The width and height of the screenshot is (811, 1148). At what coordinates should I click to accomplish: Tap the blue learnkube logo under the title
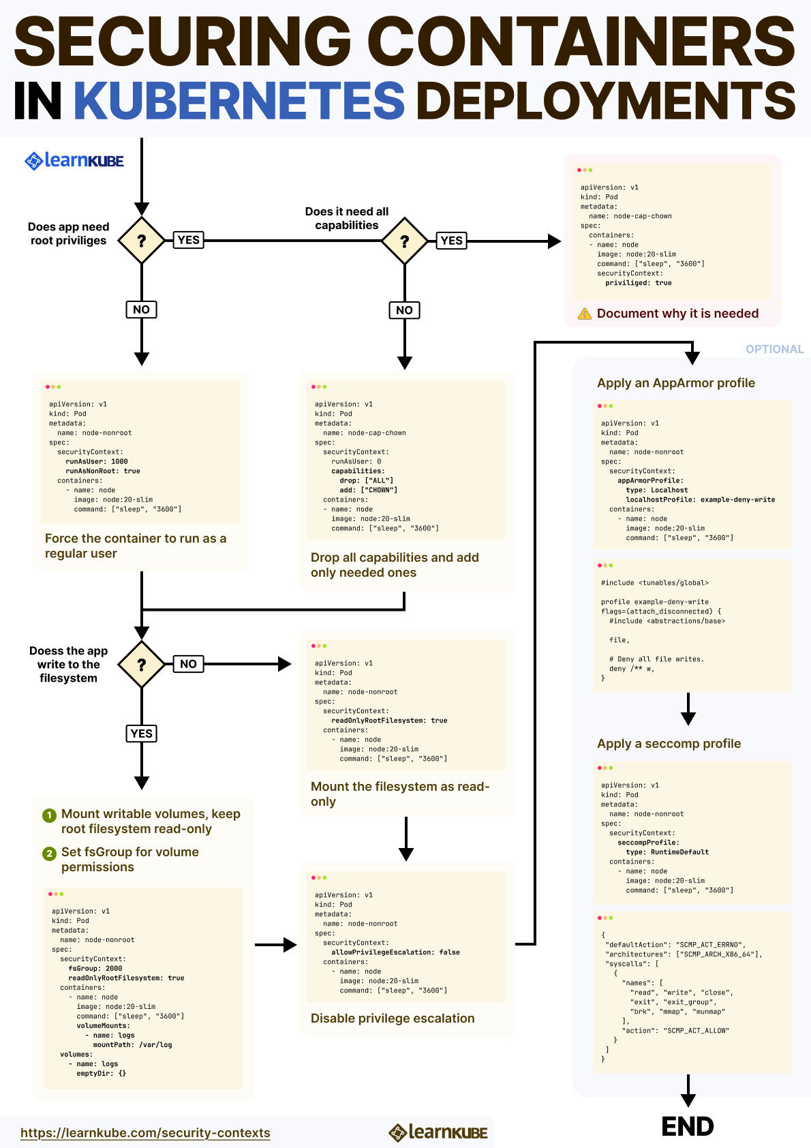click(x=74, y=161)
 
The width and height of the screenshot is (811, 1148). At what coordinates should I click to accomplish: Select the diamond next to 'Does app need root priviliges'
click(x=142, y=241)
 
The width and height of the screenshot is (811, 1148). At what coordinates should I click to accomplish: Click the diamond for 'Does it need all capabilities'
click(x=405, y=241)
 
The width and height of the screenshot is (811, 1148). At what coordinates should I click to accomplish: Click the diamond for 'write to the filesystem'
click(x=142, y=665)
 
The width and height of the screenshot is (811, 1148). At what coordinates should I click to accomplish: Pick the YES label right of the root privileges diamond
click(x=189, y=240)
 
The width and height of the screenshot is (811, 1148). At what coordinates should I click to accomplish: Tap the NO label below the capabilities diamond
click(x=405, y=310)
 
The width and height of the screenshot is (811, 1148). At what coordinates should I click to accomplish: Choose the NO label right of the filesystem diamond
click(x=189, y=664)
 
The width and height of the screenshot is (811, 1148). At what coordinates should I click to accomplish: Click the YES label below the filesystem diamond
click(x=142, y=734)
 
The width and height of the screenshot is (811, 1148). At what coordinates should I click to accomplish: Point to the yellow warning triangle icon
click(x=585, y=314)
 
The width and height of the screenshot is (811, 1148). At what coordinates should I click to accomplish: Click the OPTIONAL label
click(x=774, y=349)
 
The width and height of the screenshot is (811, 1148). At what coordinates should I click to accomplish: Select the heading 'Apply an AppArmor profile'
click(x=676, y=383)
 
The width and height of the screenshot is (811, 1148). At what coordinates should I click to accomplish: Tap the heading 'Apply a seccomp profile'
click(x=669, y=744)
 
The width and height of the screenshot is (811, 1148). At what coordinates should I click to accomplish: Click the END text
click(x=688, y=1127)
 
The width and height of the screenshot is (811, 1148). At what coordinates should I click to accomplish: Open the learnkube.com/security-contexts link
click(x=145, y=1132)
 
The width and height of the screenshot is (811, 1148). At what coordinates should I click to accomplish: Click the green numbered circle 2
click(x=49, y=854)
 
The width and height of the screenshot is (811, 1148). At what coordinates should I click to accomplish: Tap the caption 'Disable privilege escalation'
click(x=393, y=1018)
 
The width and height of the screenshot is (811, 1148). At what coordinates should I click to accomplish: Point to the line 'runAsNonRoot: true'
click(x=103, y=471)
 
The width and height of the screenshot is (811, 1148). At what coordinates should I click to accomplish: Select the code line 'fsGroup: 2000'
click(x=95, y=969)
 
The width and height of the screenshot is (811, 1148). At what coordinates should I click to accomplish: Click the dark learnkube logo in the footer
click(x=438, y=1132)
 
